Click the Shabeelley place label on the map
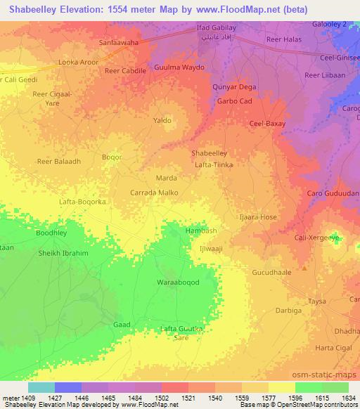(209, 152)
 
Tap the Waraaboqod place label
(178, 282)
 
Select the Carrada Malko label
(155, 192)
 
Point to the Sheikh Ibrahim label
(64, 254)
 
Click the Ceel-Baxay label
(266, 124)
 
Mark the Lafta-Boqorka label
(83, 201)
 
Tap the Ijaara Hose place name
(259, 217)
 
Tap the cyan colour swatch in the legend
(41, 387)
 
